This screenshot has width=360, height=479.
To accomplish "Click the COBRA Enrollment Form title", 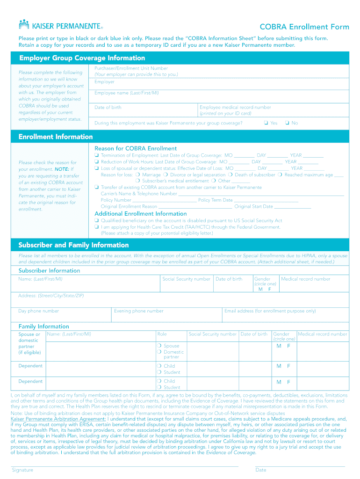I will click(x=304, y=27).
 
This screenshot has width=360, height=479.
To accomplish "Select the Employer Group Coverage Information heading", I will click(x=82, y=58).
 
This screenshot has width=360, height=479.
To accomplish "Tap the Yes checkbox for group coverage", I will click(x=265, y=123).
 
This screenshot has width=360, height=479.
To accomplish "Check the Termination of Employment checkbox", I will click(x=96, y=155).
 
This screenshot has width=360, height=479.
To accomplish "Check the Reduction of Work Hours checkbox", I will click(x=96, y=162).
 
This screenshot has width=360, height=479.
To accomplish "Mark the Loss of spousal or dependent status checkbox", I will click(x=96, y=168).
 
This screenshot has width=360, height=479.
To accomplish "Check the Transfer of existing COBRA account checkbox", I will click(x=96, y=188).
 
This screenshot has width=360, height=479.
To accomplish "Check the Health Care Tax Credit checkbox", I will click(x=96, y=227).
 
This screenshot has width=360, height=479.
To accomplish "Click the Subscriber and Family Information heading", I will click(x=73, y=245).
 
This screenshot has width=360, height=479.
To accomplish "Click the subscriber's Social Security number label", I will click(x=186, y=279).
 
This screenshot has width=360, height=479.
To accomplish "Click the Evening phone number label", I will click(x=139, y=311).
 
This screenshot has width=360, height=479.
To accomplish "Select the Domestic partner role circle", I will click(x=159, y=352).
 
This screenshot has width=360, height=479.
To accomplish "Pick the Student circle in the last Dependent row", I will click(x=159, y=387).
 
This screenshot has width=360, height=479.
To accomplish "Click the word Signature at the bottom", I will click(x=22, y=470).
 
